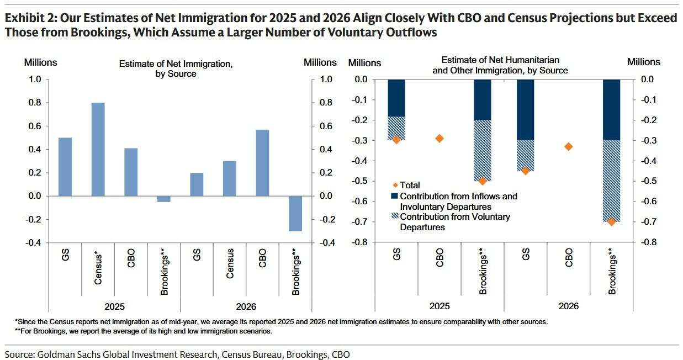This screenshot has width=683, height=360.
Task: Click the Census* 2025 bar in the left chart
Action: [98, 149]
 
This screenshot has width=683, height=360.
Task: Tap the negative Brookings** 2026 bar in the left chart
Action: [295, 213]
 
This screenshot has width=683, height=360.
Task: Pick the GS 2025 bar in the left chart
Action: [65, 166]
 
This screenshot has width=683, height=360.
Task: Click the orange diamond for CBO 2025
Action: [440, 138]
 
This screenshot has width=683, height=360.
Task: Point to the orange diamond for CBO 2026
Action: [569, 146]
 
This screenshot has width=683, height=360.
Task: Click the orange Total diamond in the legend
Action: [394, 186]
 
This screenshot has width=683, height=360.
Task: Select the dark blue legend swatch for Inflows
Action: [394, 196]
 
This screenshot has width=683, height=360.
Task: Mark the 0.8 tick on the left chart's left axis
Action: [35, 103]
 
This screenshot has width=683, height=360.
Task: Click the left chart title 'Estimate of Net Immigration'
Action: [176, 64]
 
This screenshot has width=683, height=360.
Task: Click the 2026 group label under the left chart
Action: [246, 306]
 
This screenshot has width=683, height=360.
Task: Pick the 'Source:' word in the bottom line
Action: [20, 354]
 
